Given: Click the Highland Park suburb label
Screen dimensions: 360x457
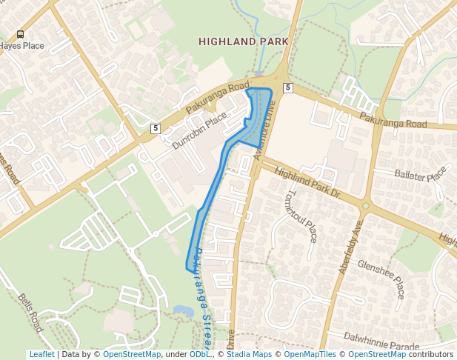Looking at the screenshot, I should [243, 42].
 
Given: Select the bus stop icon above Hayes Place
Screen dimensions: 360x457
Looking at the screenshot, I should [20, 34].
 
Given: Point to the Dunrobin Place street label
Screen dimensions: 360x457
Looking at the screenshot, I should [199, 132].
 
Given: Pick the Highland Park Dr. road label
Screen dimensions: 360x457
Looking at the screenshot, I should [307, 183].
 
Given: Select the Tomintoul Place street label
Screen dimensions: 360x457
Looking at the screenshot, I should [300, 216].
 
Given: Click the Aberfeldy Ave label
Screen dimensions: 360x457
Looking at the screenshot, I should [352, 247].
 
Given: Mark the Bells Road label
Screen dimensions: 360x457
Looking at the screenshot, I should [31, 312].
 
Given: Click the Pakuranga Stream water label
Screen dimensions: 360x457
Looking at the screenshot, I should [201, 296].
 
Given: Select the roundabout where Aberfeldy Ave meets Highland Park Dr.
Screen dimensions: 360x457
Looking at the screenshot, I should [365, 206].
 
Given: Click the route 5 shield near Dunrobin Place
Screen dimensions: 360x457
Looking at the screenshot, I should [155, 128].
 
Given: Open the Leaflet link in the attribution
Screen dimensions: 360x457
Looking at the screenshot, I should [41, 355].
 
